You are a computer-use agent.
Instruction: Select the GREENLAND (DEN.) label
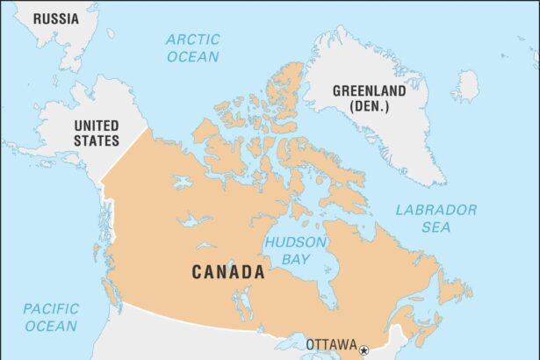[x=368, y=97]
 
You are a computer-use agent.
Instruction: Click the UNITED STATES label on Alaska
[x=96, y=133]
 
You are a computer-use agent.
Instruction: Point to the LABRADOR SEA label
[x=436, y=218]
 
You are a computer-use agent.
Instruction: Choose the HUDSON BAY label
[x=296, y=250]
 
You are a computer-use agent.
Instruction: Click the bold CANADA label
[x=228, y=272]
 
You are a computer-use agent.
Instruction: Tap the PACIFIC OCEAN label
[x=50, y=317]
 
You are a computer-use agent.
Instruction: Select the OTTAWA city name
[x=331, y=344]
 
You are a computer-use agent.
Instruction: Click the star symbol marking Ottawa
[x=364, y=350]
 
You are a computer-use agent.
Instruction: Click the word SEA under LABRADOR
[x=436, y=227]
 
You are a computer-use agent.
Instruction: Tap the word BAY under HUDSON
[x=296, y=259]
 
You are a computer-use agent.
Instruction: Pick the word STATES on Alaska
[x=96, y=140]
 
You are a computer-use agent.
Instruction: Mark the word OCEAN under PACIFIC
[x=50, y=326]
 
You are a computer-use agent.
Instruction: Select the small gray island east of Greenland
[x=466, y=86]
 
